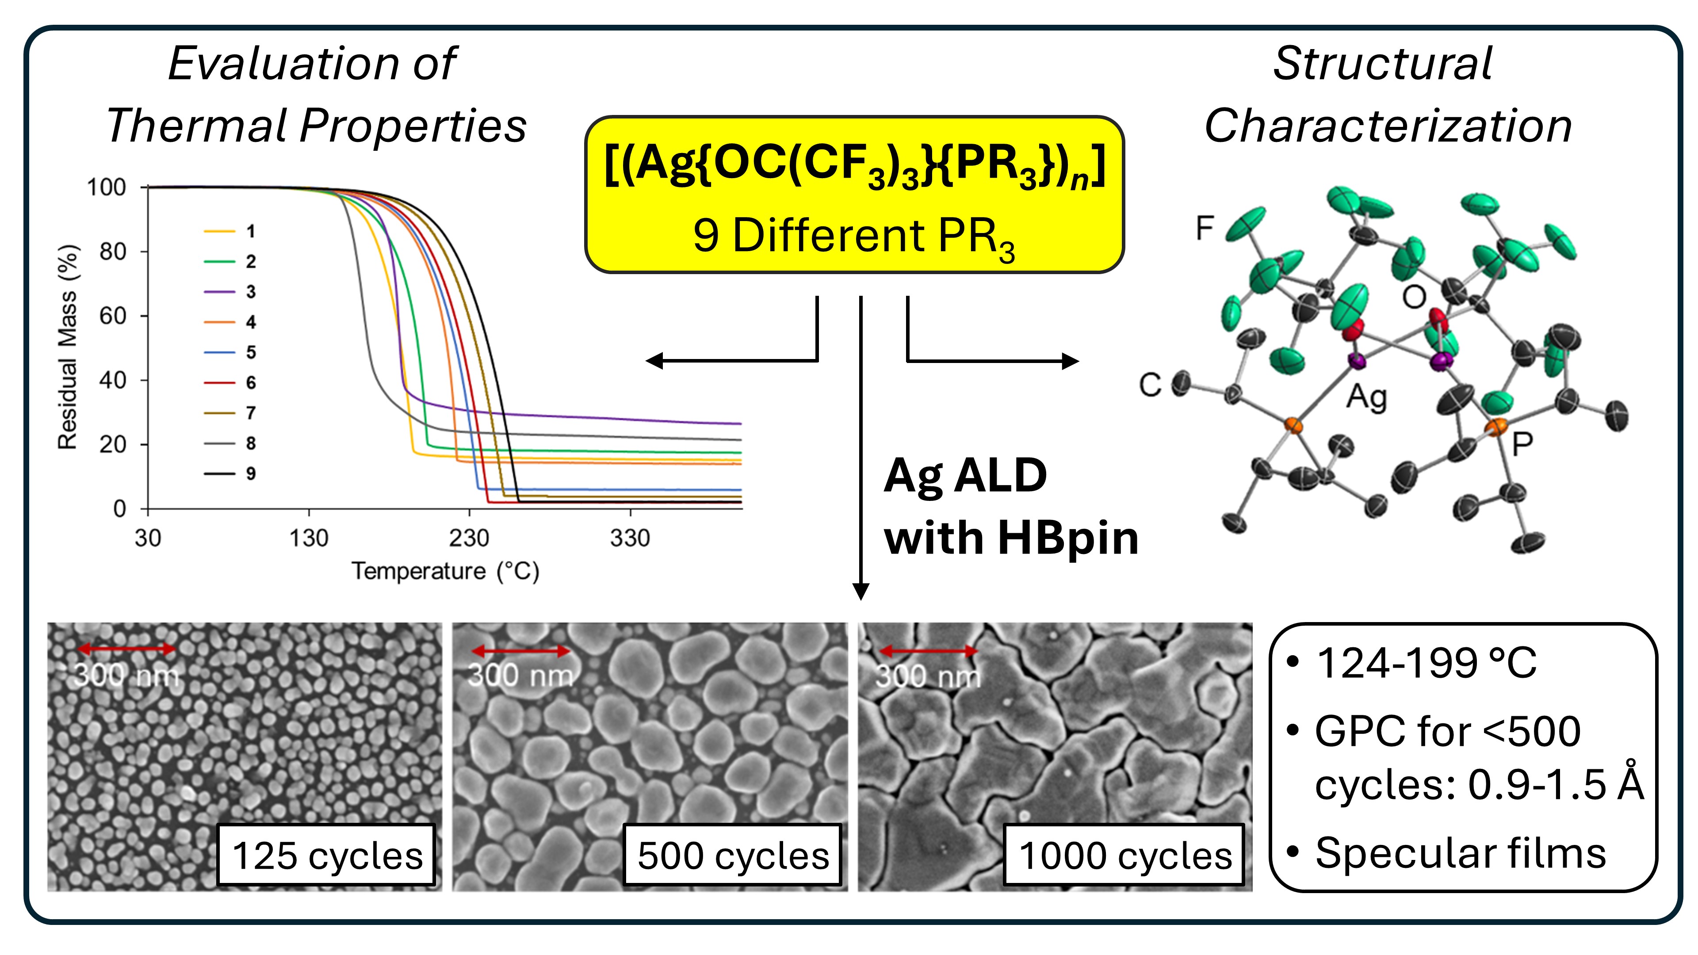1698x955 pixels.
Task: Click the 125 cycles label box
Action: click(326, 856)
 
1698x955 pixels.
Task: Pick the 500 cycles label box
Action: click(732, 856)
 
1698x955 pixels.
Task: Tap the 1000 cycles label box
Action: click(1124, 856)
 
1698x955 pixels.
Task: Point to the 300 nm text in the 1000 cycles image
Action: click(928, 676)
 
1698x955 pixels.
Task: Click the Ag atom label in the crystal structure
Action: click(1366, 397)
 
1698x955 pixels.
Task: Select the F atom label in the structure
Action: click(1204, 229)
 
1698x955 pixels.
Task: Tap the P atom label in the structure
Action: click(1522, 444)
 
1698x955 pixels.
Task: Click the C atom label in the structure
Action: click(1150, 385)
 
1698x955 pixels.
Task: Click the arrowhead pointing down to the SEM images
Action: click(861, 591)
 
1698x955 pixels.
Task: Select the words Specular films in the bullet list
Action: click(1460, 853)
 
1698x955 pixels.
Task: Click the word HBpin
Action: click(1068, 539)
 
